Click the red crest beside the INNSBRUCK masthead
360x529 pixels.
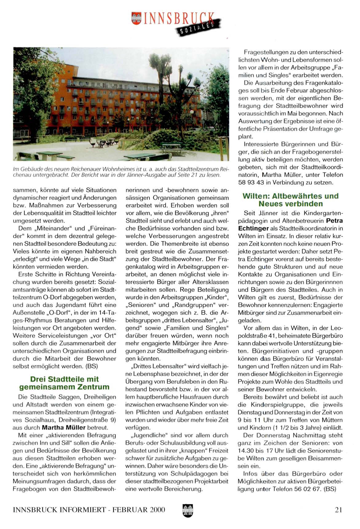[x=136, y=18]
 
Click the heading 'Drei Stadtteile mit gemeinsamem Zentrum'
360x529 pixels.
[x=64, y=383]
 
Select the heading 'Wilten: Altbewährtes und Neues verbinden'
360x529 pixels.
[x=290, y=200]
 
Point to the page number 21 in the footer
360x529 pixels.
[x=338, y=510]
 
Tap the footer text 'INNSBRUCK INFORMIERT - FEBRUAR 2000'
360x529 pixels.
[x=89, y=510]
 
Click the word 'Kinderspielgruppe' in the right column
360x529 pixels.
[x=275, y=405]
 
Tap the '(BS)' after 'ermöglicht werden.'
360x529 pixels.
[x=92, y=366]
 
